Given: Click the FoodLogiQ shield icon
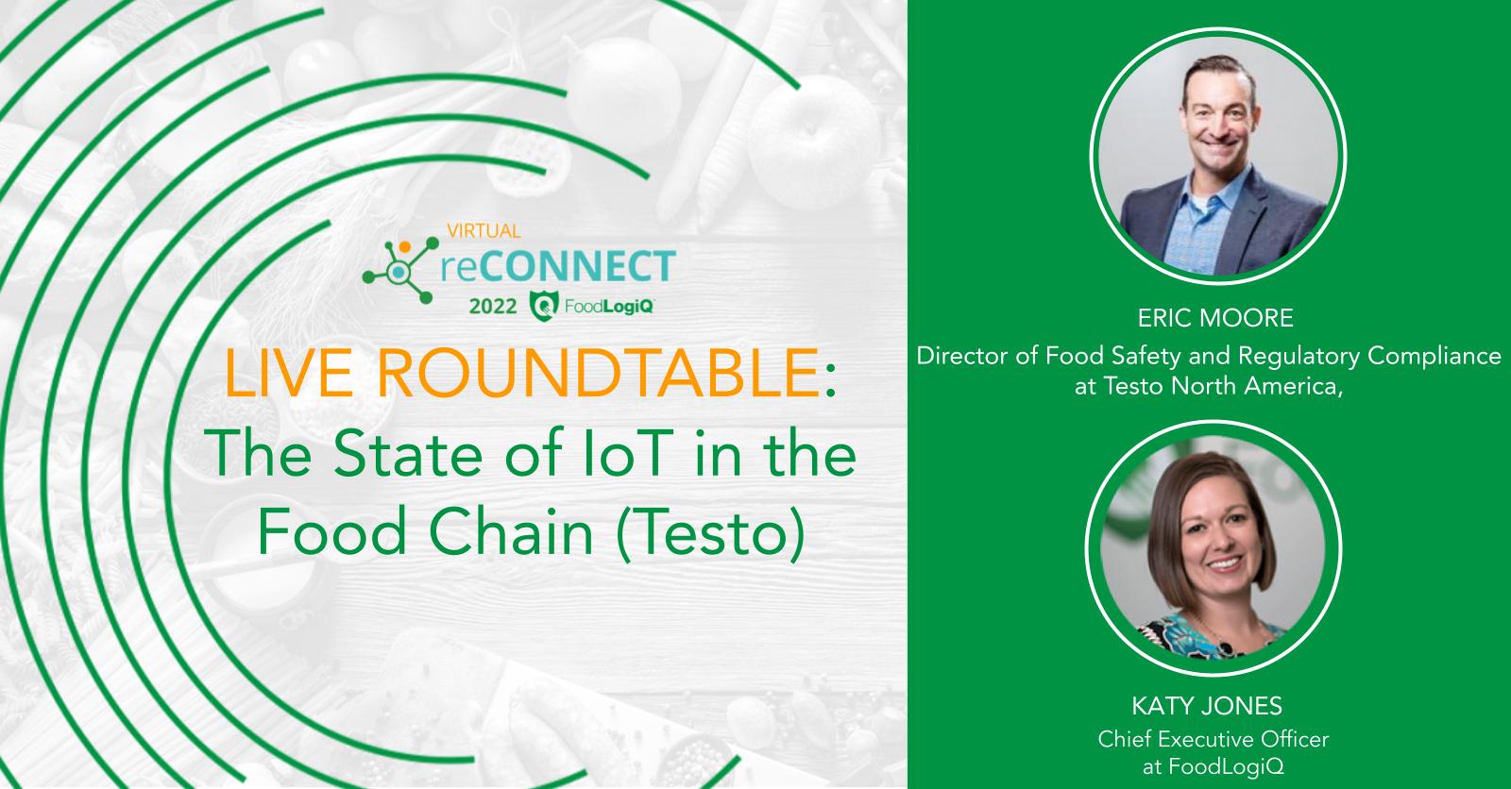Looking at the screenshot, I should coord(545,305).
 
